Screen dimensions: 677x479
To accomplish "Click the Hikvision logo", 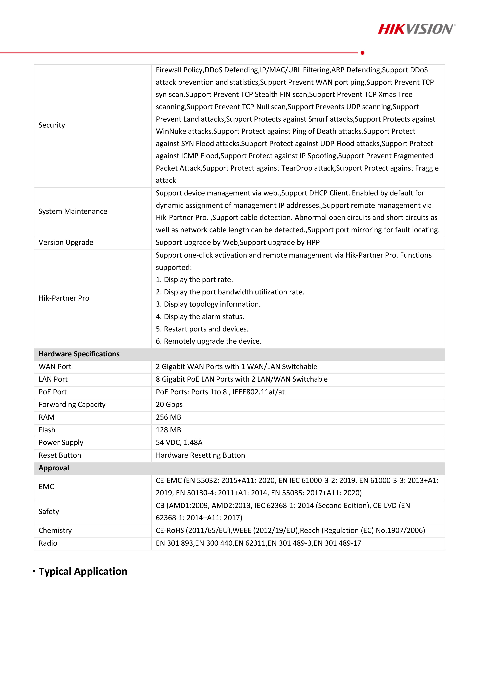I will click(x=416, y=29).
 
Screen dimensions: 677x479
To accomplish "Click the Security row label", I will click(x=52, y=125).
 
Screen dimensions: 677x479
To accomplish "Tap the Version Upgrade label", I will click(x=66, y=242).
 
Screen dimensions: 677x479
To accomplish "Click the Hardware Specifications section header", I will click(x=79, y=354).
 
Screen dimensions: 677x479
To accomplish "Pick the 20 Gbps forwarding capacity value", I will click(x=169, y=405).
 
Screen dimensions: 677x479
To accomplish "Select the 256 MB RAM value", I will click(x=168, y=417).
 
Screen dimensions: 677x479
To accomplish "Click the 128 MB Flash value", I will click(x=168, y=430).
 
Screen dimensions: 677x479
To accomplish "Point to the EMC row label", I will click(x=46, y=487).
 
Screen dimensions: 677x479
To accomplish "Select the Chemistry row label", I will click(x=55, y=530).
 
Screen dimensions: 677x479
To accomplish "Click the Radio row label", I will click(x=48, y=543).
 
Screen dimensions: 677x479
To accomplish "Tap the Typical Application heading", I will click(x=83, y=571).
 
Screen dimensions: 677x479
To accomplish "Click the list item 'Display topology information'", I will click(x=208, y=304).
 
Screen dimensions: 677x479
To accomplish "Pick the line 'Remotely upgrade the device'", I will click(x=209, y=341).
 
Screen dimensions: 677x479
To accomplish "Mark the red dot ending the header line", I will click(x=362, y=53).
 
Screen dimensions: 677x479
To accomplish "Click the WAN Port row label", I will click(x=55, y=367).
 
